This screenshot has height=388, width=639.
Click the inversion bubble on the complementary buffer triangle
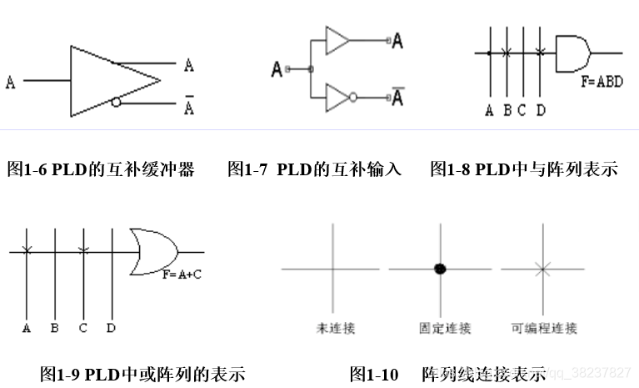[x=115, y=103]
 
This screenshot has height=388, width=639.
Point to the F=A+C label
[x=182, y=273]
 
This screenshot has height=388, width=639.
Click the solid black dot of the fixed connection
[x=440, y=269]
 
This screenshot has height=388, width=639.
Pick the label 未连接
[x=335, y=328]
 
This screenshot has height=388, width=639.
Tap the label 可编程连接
[x=543, y=328]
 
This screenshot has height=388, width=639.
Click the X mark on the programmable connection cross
[x=542, y=269]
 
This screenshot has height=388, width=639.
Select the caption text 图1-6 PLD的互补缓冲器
[x=100, y=169]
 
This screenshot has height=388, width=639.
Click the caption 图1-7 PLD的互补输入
[x=314, y=169]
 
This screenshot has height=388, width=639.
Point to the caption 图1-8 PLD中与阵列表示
[x=523, y=169]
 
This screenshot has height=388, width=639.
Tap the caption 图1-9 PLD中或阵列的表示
[x=142, y=373]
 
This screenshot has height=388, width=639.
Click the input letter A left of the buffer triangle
[x=11, y=82]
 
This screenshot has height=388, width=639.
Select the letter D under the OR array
[x=111, y=328]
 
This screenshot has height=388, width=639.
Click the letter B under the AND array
[x=507, y=110]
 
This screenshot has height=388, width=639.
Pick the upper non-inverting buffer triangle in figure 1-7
[x=337, y=39]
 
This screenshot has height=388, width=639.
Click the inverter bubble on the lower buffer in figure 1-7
[x=353, y=97]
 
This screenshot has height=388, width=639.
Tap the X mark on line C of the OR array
[x=82, y=250]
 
